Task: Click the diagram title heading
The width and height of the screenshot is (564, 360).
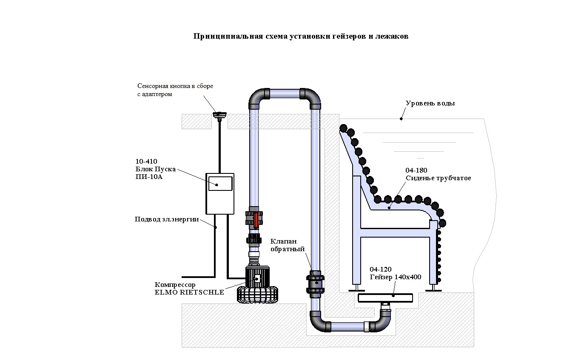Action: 301,37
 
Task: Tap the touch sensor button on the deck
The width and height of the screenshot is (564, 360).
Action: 220,114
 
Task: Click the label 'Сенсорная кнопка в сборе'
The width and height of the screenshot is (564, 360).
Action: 175,86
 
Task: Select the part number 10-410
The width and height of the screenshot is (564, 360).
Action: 146,162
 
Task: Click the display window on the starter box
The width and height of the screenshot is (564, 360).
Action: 220,184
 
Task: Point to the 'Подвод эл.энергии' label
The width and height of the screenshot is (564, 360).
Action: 167,219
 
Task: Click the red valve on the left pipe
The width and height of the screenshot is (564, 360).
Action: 255,218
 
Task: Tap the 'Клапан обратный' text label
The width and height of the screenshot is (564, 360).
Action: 288,245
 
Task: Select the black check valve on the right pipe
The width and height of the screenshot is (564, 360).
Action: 315,283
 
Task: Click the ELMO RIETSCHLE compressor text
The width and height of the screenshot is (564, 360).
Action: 189,292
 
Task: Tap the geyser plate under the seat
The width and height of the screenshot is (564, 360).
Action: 385,298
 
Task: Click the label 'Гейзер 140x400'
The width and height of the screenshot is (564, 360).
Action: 395,277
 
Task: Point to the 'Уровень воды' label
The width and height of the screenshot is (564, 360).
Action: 430,103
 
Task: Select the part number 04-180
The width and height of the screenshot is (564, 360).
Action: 416,170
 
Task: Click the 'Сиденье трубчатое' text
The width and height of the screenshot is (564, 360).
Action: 438,178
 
